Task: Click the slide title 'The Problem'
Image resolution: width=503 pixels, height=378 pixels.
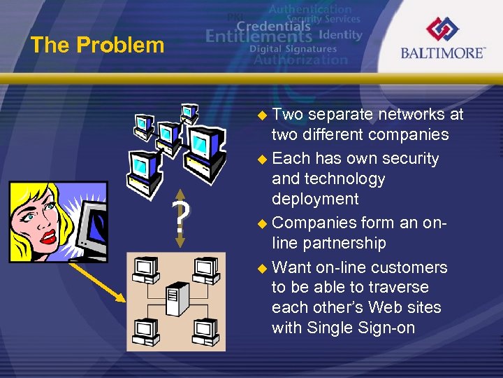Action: click(x=97, y=45)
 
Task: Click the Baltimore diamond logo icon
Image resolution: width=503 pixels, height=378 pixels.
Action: click(x=443, y=29)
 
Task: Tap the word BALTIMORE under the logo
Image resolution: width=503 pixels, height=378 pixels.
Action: click(x=443, y=53)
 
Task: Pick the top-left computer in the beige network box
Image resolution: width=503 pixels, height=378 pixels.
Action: click(x=145, y=269)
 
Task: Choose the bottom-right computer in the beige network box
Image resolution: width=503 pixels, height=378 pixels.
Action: click(x=205, y=329)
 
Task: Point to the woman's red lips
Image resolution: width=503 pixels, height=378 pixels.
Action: click(x=48, y=236)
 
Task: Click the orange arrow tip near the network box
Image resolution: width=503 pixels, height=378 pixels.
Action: click(x=122, y=299)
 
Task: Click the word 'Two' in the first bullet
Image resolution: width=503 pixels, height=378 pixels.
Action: click(x=287, y=114)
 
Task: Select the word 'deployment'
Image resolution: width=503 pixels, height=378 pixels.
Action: click(x=315, y=199)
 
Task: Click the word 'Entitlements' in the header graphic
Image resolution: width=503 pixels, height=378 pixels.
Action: click(x=258, y=36)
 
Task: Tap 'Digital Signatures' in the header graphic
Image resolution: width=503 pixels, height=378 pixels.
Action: click(x=293, y=49)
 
